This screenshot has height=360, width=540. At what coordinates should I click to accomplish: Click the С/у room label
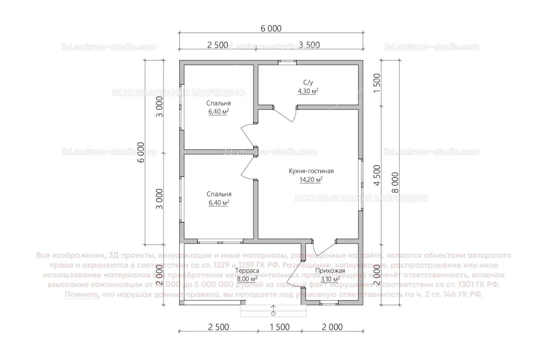tap(308, 82)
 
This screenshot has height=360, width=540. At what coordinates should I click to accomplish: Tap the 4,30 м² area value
tap(308, 91)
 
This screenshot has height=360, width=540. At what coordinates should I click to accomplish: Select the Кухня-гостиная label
tap(311, 171)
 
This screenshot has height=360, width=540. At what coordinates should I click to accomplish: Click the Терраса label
tap(247, 271)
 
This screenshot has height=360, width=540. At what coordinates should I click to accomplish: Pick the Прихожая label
tap(330, 271)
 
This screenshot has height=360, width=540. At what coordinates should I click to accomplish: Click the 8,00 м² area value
tap(247, 279)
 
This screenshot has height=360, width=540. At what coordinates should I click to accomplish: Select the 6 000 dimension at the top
tap(271, 29)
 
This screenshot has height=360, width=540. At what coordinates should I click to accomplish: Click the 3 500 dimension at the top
tap(309, 45)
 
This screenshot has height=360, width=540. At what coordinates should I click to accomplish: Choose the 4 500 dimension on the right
tap(377, 175)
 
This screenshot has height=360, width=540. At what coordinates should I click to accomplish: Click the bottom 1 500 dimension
tap(279, 327)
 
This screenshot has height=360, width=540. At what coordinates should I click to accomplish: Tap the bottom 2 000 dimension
tap(332, 327)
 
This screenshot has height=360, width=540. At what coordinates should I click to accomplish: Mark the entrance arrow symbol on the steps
tap(273, 310)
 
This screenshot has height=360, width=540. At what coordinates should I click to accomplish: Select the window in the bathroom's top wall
tap(287, 62)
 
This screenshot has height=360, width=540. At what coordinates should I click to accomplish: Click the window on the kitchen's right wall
tap(361, 185)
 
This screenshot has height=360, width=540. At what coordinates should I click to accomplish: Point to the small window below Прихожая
tap(329, 303)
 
